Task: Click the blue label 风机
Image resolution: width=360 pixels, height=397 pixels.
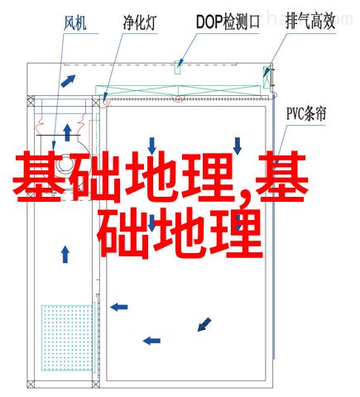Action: tap(75, 22)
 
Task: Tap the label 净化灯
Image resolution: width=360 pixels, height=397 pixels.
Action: tap(140, 22)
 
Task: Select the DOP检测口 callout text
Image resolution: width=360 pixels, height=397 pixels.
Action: tap(228, 22)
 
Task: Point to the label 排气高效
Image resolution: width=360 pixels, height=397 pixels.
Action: tap(310, 22)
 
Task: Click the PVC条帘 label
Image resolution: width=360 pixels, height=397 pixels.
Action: tap(306, 114)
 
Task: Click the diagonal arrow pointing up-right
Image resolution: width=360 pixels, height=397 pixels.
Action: tap(68, 81)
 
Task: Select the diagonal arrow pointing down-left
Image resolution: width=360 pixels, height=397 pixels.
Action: tap(204, 324)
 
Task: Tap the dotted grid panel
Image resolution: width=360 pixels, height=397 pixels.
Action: tap(67, 337)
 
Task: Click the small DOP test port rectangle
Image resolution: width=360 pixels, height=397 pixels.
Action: tap(178, 67)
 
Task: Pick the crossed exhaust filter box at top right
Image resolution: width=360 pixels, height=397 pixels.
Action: tap(266, 77)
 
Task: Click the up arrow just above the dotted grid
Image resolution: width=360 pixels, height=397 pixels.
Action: tap(65, 254)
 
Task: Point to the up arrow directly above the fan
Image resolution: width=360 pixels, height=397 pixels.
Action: tap(67, 132)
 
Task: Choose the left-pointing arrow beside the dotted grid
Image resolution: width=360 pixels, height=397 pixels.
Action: tap(119, 307)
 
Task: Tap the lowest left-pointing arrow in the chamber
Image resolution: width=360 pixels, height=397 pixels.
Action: tap(151, 341)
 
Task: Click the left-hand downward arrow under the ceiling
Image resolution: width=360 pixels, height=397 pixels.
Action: tap(151, 146)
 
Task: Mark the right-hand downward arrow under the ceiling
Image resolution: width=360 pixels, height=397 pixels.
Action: tap(238, 146)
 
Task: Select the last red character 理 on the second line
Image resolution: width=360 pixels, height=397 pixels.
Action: tap(236, 233)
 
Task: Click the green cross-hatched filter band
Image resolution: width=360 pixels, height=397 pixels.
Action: tap(178, 91)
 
